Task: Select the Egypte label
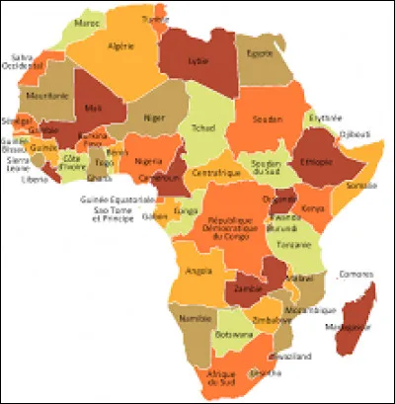point(260,53)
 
